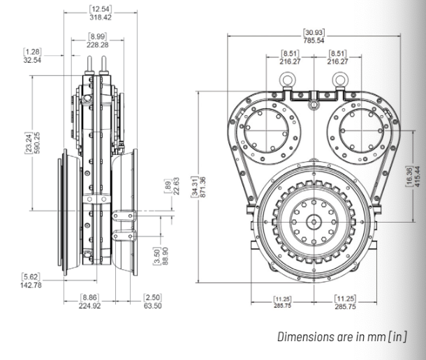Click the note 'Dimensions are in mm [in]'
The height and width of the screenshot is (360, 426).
[342, 338]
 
